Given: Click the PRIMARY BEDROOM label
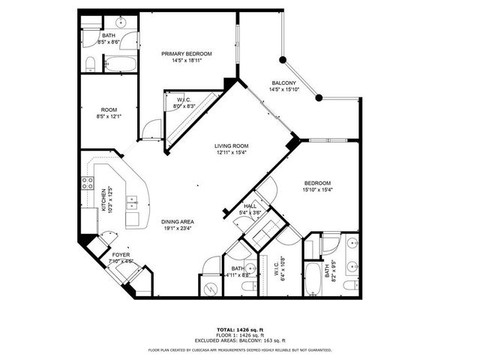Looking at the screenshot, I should tap(187, 53).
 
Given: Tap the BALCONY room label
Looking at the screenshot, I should tap(283, 83).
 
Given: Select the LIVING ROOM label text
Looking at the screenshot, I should tap(231, 146).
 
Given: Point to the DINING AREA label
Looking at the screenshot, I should tap(178, 222).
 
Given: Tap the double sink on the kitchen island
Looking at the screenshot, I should tap(131, 202).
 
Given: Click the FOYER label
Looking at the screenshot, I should tap(121, 256).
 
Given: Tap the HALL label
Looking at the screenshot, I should tap(250, 206).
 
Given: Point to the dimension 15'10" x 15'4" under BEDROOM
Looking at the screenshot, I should tap(316, 190).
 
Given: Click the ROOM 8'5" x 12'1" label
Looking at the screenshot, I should tap(109, 112).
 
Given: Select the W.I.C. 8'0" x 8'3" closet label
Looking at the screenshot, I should tap(184, 103).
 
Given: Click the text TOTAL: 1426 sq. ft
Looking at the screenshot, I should tap(240, 329).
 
